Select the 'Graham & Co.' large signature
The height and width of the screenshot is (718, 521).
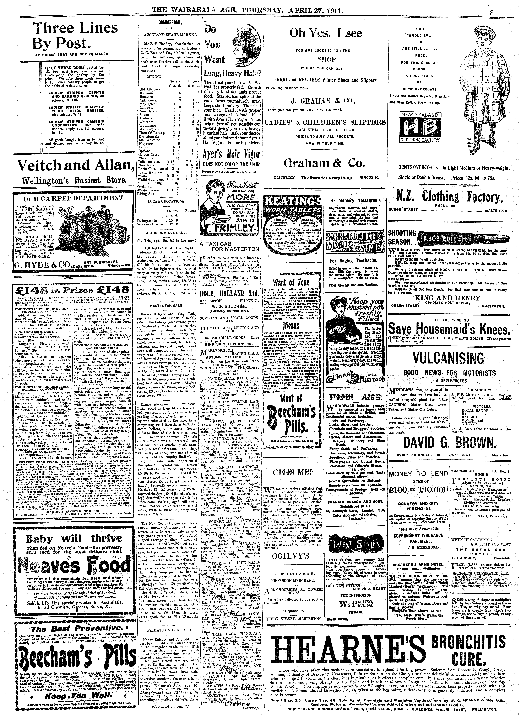pos(325,163)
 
